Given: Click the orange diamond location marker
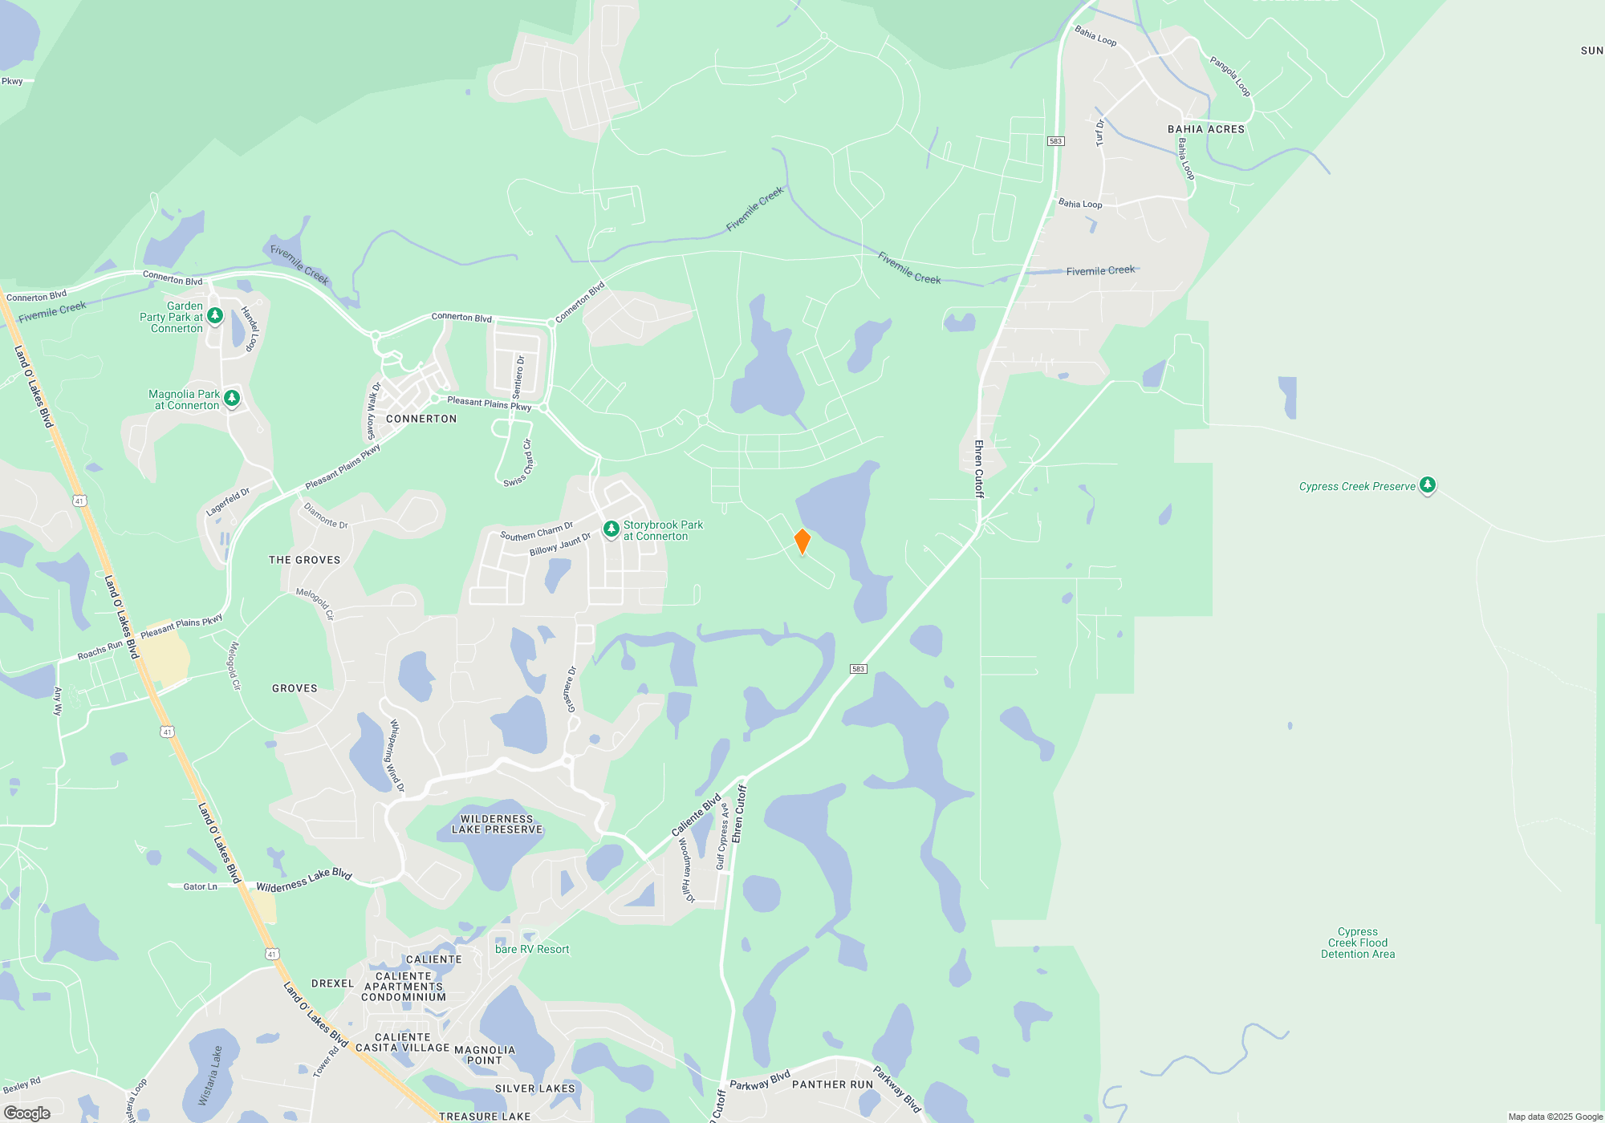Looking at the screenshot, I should coord(802,542).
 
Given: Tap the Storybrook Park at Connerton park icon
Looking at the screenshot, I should coord(611,529).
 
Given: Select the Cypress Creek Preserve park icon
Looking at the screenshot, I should coord(1427,484).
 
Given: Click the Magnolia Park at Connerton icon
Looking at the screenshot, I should coord(232,398).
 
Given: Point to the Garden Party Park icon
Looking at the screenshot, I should coord(215,316).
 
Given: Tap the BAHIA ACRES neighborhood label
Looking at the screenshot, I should coord(1205,129).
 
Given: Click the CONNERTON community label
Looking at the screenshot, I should coord(421,419).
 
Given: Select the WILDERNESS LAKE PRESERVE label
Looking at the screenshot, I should coord(497,825).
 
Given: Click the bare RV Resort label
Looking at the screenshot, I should coord(532,949).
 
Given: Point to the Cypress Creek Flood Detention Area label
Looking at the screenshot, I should coord(1358,943).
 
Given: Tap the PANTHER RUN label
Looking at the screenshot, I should coord(832,1084).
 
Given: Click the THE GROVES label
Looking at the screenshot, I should coord(304,560).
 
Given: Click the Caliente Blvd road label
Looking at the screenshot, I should coord(696,816).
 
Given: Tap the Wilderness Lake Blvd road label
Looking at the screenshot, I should coord(303,881).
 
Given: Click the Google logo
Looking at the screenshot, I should coord(26,1113).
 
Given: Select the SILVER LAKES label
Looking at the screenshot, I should coord(534,1089).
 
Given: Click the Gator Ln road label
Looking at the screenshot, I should coord(200,886).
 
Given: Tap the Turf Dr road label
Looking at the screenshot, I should coord(1100,133).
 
